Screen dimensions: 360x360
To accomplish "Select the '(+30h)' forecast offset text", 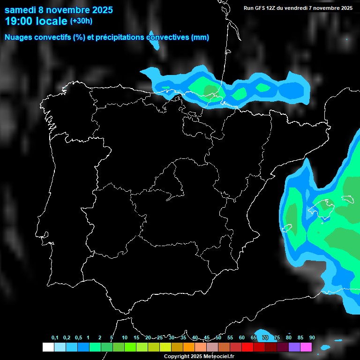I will point(81,21).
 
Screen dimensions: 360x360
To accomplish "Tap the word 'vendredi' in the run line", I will point(297,8).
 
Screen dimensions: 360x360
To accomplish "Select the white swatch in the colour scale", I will point(48,347).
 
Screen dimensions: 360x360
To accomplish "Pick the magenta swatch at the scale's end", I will point(306,347).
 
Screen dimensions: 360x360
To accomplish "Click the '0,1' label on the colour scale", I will point(55,338).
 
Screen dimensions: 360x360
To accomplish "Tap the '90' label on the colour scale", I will point(312,338).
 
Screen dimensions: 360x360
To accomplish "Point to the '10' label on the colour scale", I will point(124,338).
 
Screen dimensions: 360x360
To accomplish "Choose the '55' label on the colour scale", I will point(230,338).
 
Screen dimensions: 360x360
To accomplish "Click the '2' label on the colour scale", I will point(100,338).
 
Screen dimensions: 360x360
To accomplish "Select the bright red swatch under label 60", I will point(247,347).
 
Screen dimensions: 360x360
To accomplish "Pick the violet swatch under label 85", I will point(294,347).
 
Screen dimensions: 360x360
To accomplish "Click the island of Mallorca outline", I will point(322,206).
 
